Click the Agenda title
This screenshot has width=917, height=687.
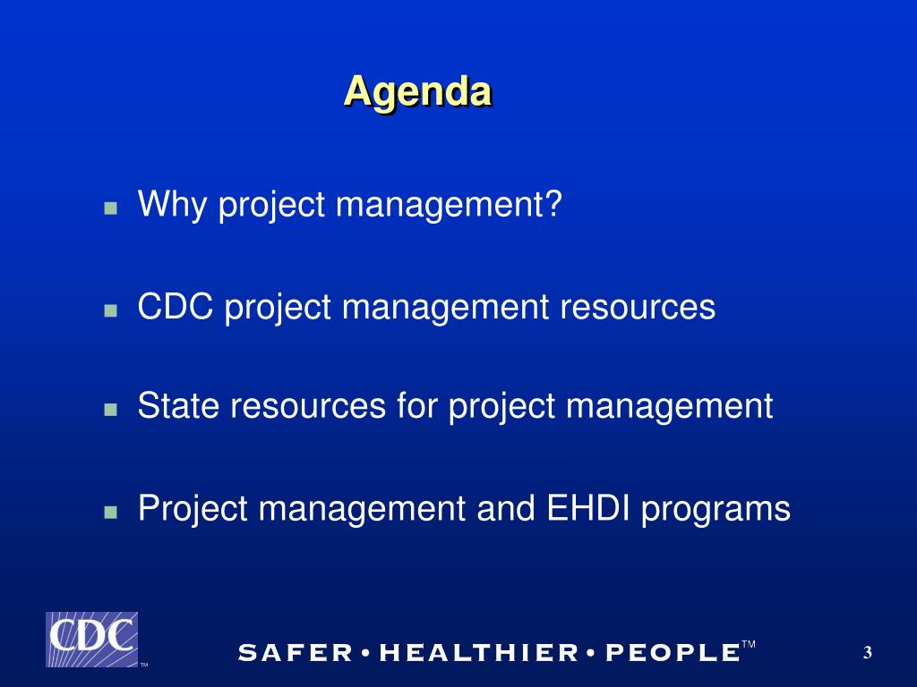(x=417, y=93)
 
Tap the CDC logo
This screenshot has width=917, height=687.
(x=92, y=639)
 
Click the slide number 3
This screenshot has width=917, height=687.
(x=867, y=652)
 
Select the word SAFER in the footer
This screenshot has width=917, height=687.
(x=296, y=652)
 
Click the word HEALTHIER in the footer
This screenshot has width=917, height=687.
(x=478, y=652)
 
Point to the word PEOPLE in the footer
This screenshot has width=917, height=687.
(x=673, y=652)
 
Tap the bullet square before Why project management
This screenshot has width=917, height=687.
(x=110, y=208)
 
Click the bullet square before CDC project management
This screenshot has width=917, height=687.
(x=110, y=310)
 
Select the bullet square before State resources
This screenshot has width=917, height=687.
(x=110, y=410)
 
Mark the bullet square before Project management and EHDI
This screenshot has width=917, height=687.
(x=110, y=512)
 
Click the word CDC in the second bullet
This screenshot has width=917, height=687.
(x=176, y=306)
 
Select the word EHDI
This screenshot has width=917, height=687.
(x=588, y=507)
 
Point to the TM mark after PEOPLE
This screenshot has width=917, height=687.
(x=749, y=644)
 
